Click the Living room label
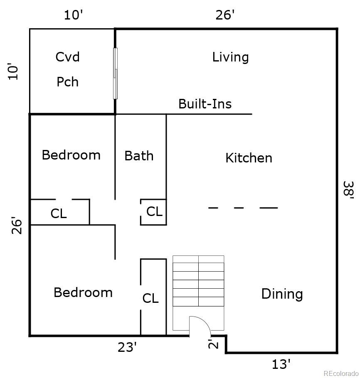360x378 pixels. click(230, 57)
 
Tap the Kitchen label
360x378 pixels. click(249, 158)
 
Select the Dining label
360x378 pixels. click(282, 294)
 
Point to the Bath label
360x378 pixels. click(139, 156)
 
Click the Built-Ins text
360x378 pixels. click(205, 104)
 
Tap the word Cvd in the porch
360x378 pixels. click(68, 57)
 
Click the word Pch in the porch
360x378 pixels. click(68, 82)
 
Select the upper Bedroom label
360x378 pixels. click(71, 155)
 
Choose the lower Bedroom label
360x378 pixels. click(83, 292)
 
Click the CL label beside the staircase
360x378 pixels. click(150, 298)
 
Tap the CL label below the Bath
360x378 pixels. click(154, 211)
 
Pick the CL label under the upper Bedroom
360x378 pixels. click(59, 214)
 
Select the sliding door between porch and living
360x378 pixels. click(115, 73)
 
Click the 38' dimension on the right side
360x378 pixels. click(349, 190)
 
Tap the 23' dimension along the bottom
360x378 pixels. click(127, 347)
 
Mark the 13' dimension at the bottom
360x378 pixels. click(281, 364)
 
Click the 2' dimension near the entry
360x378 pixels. click(213, 344)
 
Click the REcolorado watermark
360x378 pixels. click(341, 373)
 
